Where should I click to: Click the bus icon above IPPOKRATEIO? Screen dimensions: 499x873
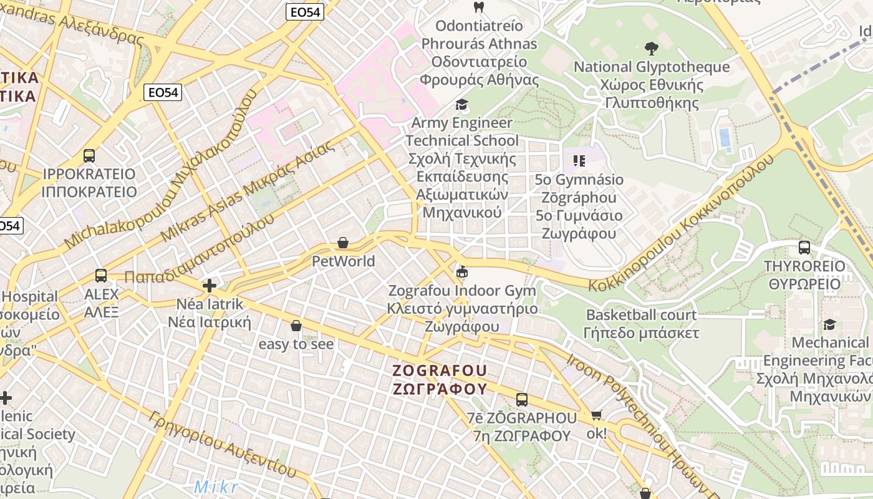click(89, 155)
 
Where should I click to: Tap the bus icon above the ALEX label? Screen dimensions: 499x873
click(100, 275)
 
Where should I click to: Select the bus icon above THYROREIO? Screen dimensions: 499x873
click(804, 248)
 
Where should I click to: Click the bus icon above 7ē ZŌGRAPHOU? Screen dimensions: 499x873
click(522, 399)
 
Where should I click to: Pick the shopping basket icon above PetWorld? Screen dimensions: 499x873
click(342, 243)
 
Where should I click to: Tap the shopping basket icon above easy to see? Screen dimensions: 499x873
click(296, 326)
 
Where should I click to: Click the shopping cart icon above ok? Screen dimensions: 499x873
click(597, 415)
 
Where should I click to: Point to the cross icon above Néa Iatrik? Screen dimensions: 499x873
click(210, 286)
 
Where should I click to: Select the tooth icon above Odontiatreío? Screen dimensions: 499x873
click(479, 7)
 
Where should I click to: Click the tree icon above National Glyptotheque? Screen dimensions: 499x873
click(651, 48)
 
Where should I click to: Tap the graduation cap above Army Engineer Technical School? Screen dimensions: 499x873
click(461, 104)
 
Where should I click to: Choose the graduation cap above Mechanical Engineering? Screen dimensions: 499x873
click(829, 324)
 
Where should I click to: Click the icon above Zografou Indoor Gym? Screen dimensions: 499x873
click(462, 272)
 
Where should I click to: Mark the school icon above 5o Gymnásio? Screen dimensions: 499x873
click(579, 161)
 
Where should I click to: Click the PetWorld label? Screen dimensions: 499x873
click(343, 261)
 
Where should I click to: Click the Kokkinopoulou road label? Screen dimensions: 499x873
click(683, 225)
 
